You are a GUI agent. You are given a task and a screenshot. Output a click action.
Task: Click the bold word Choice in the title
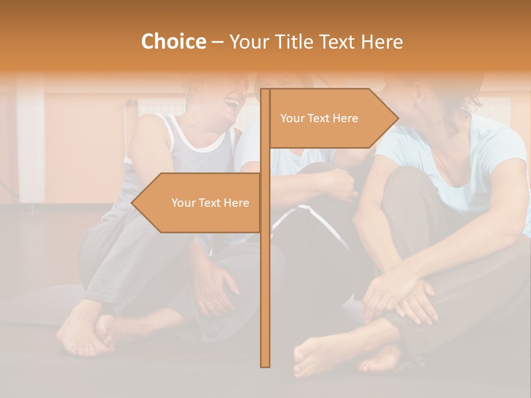point(173,42)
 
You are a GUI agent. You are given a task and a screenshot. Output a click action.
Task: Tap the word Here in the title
point(382,42)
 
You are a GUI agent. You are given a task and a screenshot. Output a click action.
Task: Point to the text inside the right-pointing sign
point(319,118)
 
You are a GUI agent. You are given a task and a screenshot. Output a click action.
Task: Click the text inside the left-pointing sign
point(210,203)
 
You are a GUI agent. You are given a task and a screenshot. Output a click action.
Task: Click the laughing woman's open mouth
point(233,104)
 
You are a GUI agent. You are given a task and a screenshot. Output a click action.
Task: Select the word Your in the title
point(247,42)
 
